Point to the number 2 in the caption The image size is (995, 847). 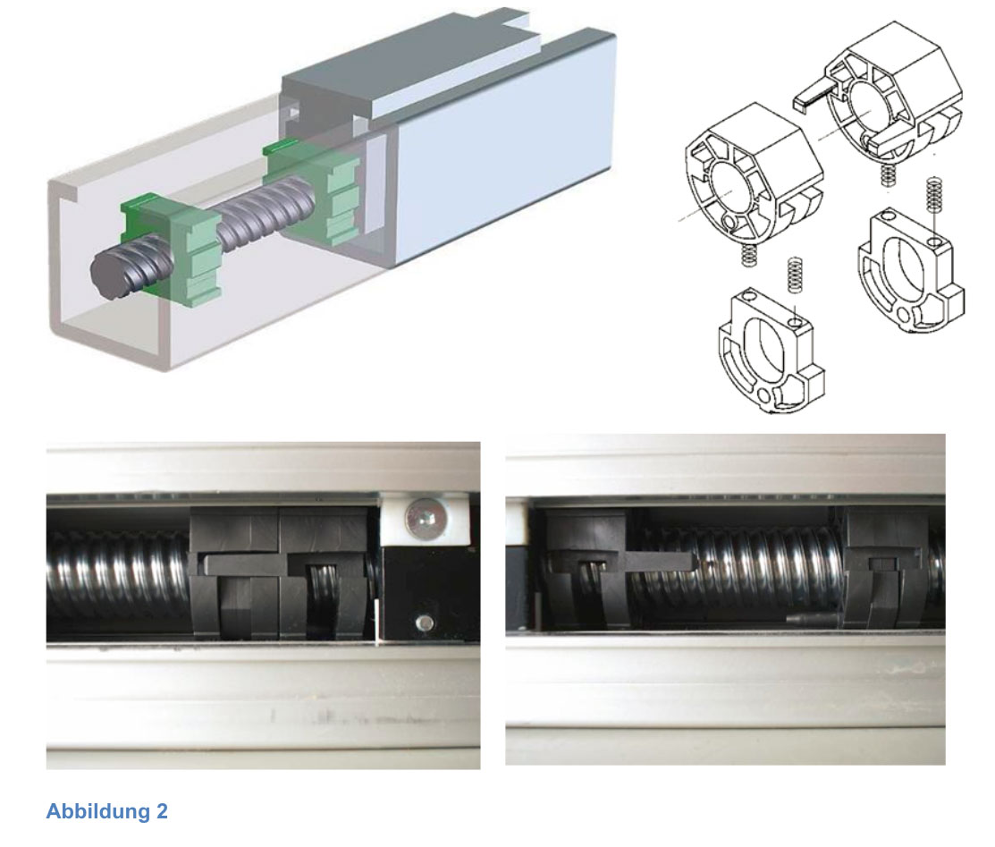[x=162, y=811]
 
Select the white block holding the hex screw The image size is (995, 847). [x=424, y=521]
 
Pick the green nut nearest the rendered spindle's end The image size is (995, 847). [x=172, y=249]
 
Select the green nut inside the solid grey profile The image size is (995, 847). [x=312, y=191]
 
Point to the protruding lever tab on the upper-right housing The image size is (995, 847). [x=814, y=95]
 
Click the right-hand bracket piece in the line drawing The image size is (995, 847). [x=911, y=271]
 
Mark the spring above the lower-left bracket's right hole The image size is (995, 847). [x=794, y=275]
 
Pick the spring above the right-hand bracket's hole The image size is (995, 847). [x=932, y=195]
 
